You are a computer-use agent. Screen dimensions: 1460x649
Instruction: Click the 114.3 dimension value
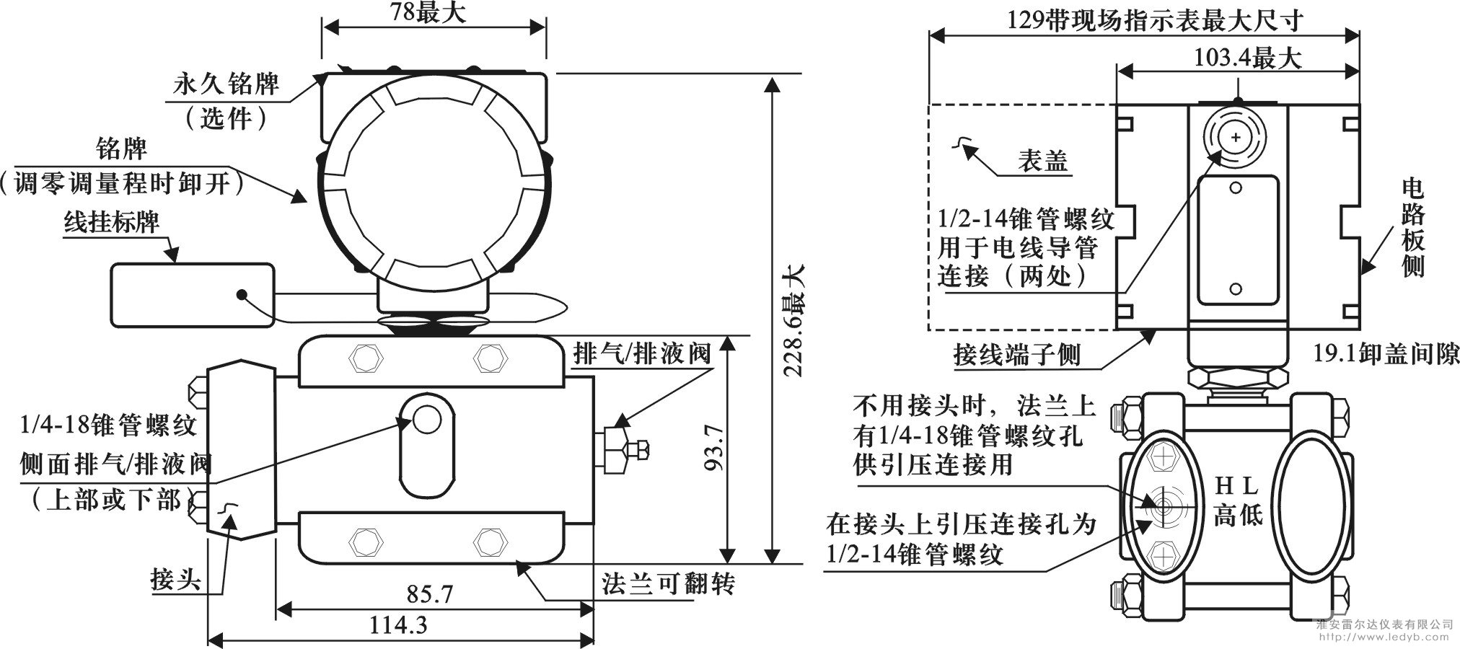pyautogui.click(x=398, y=624)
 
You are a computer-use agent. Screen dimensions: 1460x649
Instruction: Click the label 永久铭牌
pyautogui.click(x=225, y=84)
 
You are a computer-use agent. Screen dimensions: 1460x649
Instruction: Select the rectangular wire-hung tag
pyautogui.click(x=193, y=295)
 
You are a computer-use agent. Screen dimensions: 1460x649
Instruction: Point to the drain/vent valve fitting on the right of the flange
pyautogui.click(x=622, y=449)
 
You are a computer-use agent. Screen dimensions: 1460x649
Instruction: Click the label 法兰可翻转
pyautogui.click(x=668, y=582)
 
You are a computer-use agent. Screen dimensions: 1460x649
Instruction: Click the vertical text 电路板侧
pyautogui.click(x=1413, y=228)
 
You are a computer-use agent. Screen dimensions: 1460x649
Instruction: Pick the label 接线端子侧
pyautogui.click(x=1016, y=354)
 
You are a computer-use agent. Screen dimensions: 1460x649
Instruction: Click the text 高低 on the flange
pyautogui.click(x=1238, y=515)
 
